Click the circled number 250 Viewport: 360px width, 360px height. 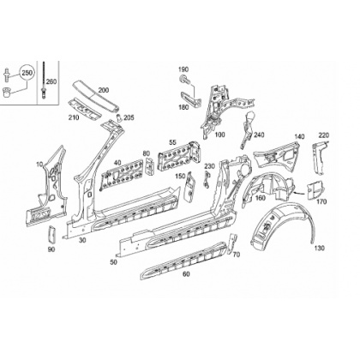click(x=27, y=73)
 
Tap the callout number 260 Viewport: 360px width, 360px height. click(x=51, y=81)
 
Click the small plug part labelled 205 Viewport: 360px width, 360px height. click(x=119, y=117)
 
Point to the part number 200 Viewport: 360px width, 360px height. click(x=104, y=90)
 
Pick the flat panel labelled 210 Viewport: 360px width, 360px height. click(x=85, y=110)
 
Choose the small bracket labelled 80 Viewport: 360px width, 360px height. click(x=150, y=166)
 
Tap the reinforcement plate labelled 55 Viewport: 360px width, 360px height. click(x=180, y=158)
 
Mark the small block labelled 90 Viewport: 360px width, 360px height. click(x=51, y=235)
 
